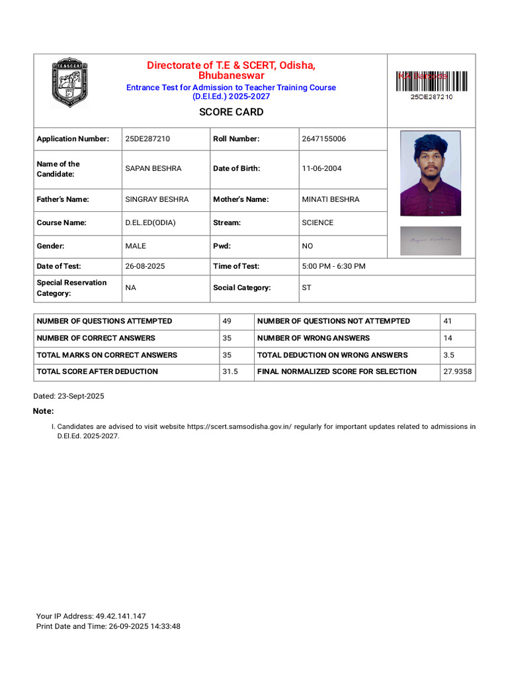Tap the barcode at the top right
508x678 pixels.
coord(431,81)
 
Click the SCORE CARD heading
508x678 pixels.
coord(231,112)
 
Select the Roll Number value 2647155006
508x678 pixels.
coord(323,139)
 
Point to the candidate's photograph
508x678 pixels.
coord(431,173)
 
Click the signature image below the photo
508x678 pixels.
coord(431,241)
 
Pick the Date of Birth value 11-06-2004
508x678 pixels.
coord(321,169)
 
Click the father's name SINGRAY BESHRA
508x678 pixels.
coord(157,199)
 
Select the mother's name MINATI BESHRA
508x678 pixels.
coord(331,199)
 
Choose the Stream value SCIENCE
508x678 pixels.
coord(317,223)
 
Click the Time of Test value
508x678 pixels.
coord(333,266)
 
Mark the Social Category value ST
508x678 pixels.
coord(306,288)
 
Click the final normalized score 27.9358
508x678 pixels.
coord(457,372)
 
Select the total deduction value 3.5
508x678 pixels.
coord(448,355)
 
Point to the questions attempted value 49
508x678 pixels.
coord(227,321)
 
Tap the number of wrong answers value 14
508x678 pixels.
coord(448,338)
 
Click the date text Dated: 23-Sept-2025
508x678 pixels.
coord(69,396)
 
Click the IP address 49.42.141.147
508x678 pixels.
coord(120,616)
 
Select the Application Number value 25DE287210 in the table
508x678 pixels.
coord(148,139)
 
